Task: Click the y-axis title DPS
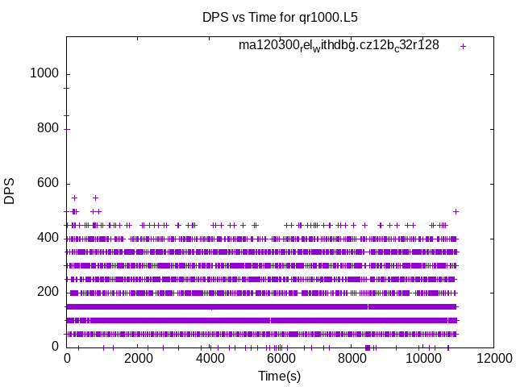coord(10,192)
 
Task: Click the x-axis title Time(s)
coord(279,376)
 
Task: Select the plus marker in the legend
coord(463,46)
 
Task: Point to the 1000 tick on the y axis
coord(44,73)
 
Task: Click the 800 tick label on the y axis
coord(48,128)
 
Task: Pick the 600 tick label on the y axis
coord(48,183)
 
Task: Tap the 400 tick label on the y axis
coord(48,238)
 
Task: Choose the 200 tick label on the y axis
coord(48,293)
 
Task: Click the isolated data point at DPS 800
coord(68,129)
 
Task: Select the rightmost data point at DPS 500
coord(456,211)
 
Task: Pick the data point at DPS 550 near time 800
coord(95,198)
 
